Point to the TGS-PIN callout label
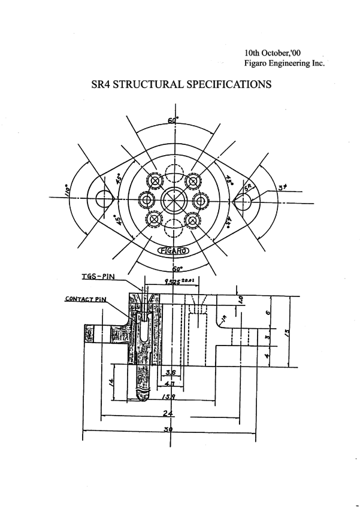pos(99,277)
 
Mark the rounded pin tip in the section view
pos(144,395)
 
